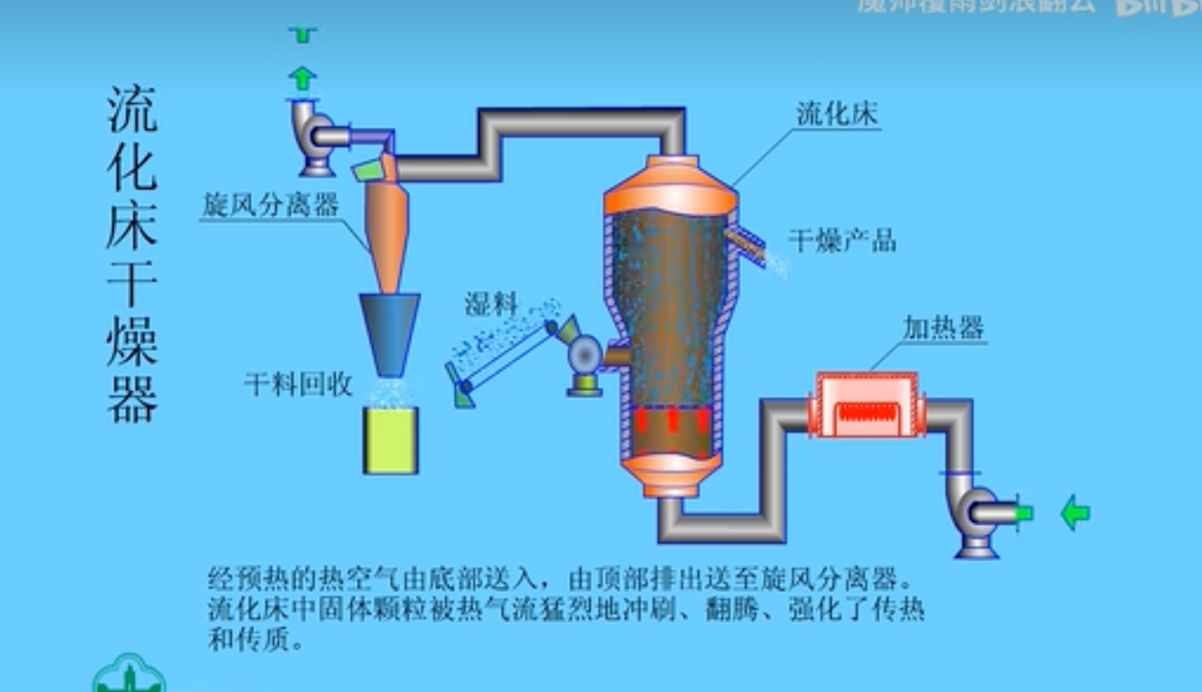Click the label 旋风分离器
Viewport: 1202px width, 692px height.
point(271,205)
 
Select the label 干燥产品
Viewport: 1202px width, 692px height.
point(842,240)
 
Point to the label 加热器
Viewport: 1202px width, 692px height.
point(943,329)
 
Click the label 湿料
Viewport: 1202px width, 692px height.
point(491,305)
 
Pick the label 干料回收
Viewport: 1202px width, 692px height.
point(298,385)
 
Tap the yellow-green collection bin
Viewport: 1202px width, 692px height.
point(390,440)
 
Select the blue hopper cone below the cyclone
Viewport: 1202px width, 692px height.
point(389,332)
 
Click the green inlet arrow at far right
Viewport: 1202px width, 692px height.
point(1074,513)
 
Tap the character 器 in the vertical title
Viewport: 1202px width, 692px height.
point(132,398)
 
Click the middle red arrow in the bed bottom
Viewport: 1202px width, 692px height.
point(672,420)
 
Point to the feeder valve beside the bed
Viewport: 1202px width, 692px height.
point(585,357)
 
